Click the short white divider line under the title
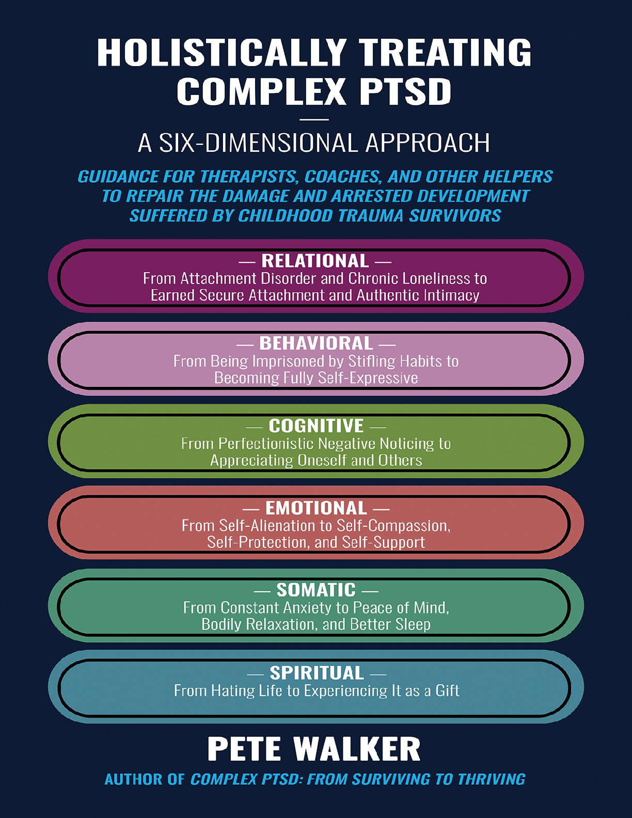click(314, 120)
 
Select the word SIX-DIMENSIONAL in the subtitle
click(258, 143)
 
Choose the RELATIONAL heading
click(315, 261)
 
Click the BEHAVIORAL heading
click(316, 343)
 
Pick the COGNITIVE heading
click(316, 426)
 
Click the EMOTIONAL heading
click(316, 508)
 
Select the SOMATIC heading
click(316, 590)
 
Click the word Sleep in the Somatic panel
click(413, 624)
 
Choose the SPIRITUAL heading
click(317, 673)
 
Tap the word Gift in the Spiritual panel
click(447, 691)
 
